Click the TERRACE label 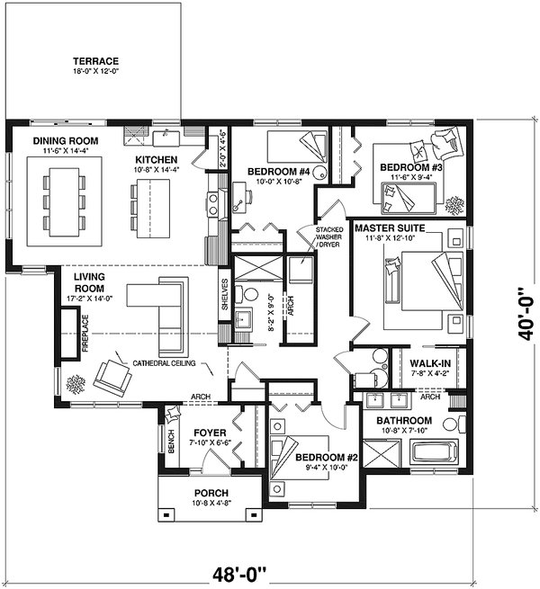click(95, 62)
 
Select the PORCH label click(211, 493)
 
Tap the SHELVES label click(224, 297)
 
